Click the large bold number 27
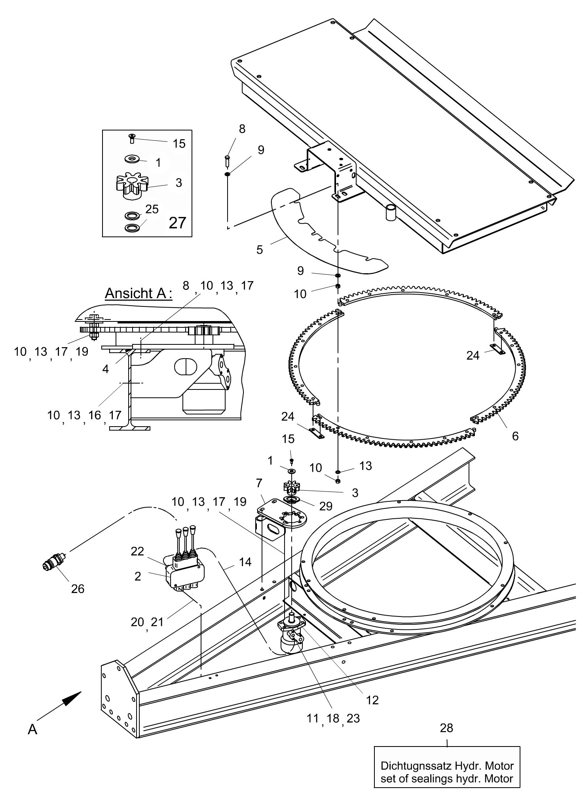(x=177, y=223)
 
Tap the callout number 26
(x=78, y=589)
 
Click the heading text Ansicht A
(x=139, y=293)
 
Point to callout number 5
(x=260, y=250)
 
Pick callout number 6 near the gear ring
(x=515, y=436)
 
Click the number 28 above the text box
(x=447, y=728)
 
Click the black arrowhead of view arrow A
(x=72, y=699)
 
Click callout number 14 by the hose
(x=245, y=562)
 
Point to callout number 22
(x=137, y=551)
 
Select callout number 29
(x=326, y=506)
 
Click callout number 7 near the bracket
(x=259, y=483)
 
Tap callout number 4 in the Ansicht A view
(x=105, y=369)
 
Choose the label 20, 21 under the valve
(x=147, y=622)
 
